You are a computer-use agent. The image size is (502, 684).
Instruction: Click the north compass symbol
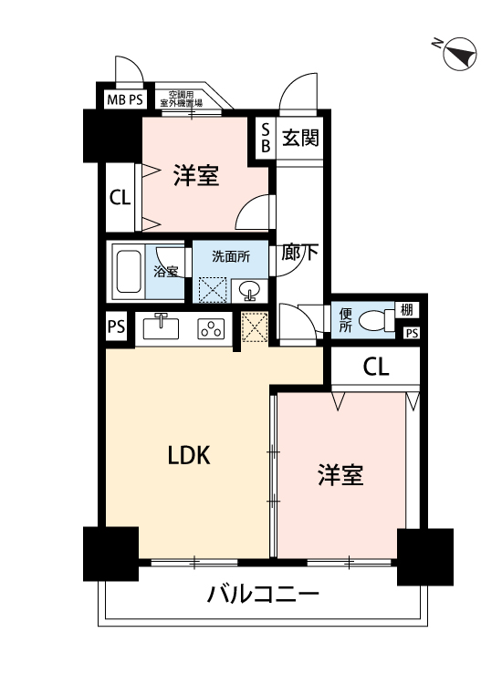coord(459,54)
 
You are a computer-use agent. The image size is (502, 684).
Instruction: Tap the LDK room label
coord(190,455)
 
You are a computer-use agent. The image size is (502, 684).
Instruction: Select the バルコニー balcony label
coord(263,594)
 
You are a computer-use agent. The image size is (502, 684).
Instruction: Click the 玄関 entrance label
coord(300,138)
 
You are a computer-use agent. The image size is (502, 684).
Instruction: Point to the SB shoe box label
coord(266,138)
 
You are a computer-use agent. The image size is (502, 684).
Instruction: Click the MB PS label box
coord(125,99)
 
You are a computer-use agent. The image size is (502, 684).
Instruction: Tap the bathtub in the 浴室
coord(129,272)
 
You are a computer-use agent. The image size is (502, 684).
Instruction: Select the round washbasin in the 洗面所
coord(249,289)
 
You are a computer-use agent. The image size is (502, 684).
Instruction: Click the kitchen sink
coord(161,326)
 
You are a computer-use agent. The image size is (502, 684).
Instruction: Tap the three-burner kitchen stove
coord(211,328)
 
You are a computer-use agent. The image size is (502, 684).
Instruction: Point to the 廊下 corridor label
coord(299,252)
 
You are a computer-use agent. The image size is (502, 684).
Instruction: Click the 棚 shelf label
coord(406,310)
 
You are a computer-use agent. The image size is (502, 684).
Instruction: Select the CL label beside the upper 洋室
coord(120,198)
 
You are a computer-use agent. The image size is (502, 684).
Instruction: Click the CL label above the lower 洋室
coord(376,368)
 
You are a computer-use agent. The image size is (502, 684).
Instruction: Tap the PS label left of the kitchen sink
coord(116,326)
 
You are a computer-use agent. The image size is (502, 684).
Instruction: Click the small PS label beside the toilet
coord(412,333)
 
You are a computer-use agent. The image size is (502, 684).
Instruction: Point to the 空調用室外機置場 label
coord(181,98)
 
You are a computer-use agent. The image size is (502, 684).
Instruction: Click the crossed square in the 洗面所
coord(213,290)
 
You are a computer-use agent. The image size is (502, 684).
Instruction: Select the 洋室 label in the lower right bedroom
coord(340,475)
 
